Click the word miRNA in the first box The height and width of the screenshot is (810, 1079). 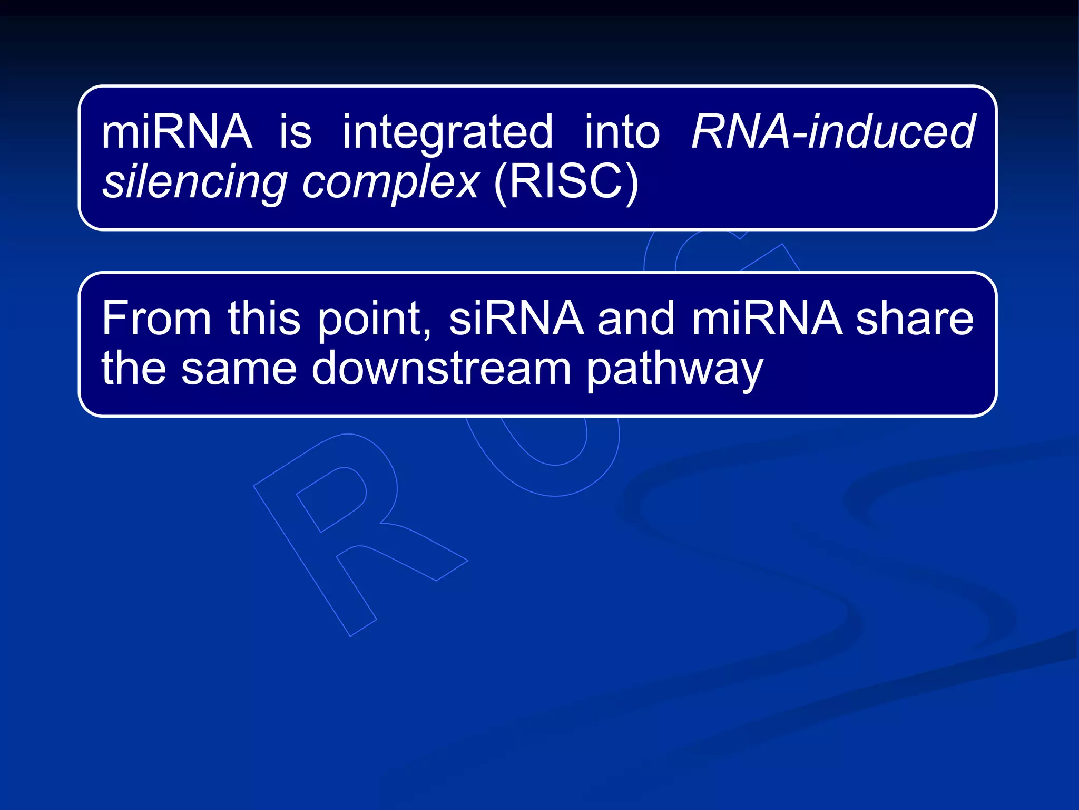(x=176, y=132)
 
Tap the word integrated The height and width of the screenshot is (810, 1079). (x=448, y=133)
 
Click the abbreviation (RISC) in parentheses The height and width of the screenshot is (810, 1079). (x=566, y=182)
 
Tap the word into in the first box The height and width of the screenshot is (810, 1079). (x=622, y=132)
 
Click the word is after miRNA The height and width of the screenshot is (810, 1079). (x=295, y=132)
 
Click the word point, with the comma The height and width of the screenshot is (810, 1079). (x=374, y=320)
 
